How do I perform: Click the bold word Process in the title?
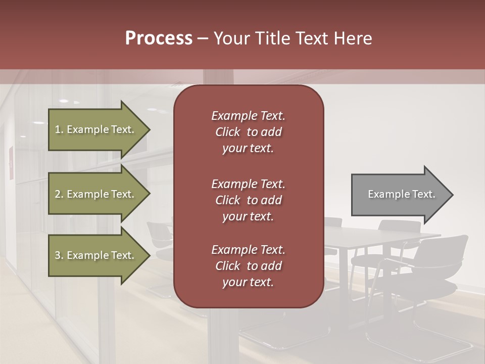click(x=159, y=38)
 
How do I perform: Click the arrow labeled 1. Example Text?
click(x=96, y=129)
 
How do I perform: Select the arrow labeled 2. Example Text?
click(x=96, y=194)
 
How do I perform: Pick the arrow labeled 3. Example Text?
click(x=96, y=255)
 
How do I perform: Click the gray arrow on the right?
click(x=399, y=195)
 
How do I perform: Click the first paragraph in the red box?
click(x=248, y=132)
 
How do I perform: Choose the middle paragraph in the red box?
click(x=248, y=200)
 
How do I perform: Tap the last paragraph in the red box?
click(x=248, y=266)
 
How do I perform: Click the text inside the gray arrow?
click(x=401, y=194)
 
